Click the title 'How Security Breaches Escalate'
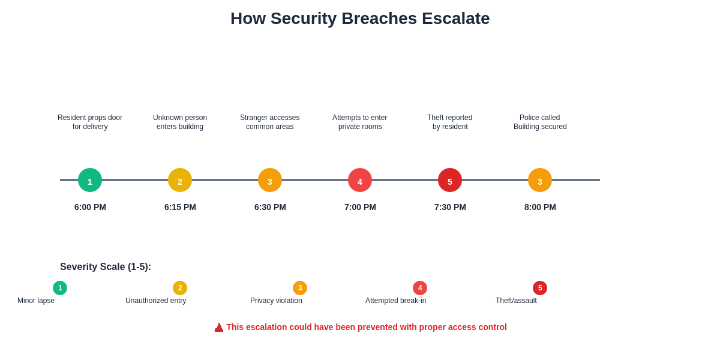[360, 19]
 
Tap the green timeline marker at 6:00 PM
[90, 180]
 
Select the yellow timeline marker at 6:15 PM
[180, 180]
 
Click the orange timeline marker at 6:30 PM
[270, 180]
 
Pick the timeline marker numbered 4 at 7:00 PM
[360, 180]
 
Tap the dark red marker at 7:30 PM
[450, 180]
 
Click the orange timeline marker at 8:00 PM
[540, 180]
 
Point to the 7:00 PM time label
[360, 207]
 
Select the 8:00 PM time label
[540, 207]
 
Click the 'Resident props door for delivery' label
[90, 122]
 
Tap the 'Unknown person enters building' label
[180, 122]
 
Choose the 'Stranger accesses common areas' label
[270, 122]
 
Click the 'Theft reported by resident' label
[450, 122]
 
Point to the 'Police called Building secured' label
[540, 122]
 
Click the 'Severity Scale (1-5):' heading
[106, 267]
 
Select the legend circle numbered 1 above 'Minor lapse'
[60, 288]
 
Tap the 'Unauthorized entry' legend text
[156, 301]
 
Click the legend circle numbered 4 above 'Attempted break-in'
[420, 288]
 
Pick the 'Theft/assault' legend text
[516, 301]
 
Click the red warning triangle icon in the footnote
[219, 328]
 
